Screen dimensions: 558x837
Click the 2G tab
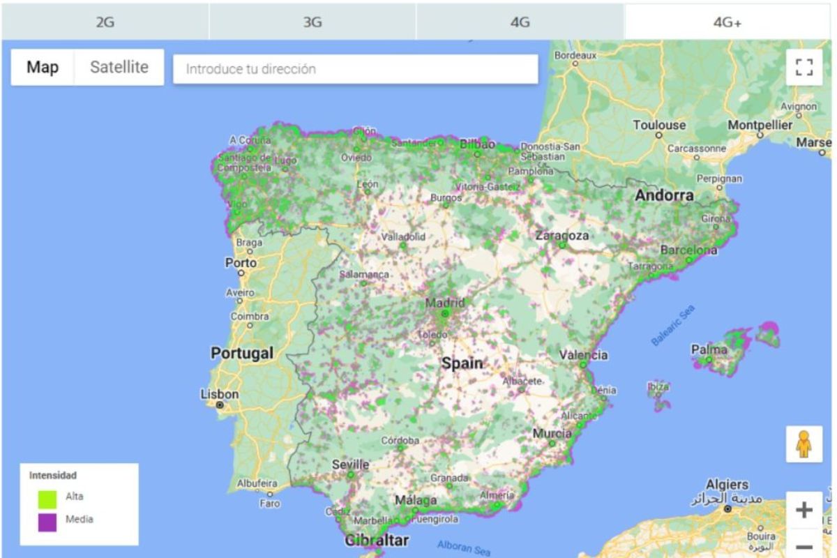(x=105, y=22)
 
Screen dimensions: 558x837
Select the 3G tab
(x=312, y=22)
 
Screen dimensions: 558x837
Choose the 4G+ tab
(x=727, y=22)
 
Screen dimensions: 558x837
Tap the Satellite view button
(x=119, y=68)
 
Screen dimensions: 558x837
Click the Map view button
(x=43, y=68)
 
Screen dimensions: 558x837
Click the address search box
(x=355, y=69)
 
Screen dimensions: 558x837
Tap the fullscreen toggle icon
(x=804, y=67)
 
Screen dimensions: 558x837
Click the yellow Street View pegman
(x=804, y=444)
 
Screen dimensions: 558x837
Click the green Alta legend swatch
(x=47, y=499)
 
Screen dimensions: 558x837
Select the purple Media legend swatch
(x=47, y=522)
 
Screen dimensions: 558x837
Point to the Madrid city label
(x=444, y=303)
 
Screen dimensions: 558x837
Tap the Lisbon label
(x=220, y=394)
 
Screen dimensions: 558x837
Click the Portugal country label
(x=242, y=354)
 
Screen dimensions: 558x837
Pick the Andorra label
(x=664, y=196)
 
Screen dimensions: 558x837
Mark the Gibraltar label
(x=377, y=540)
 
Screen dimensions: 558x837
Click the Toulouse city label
(x=659, y=126)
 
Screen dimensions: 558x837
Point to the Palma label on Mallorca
(x=709, y=349)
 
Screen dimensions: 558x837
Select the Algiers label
(x=727, y=484)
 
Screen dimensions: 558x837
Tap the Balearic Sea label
(x=673, y=326)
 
